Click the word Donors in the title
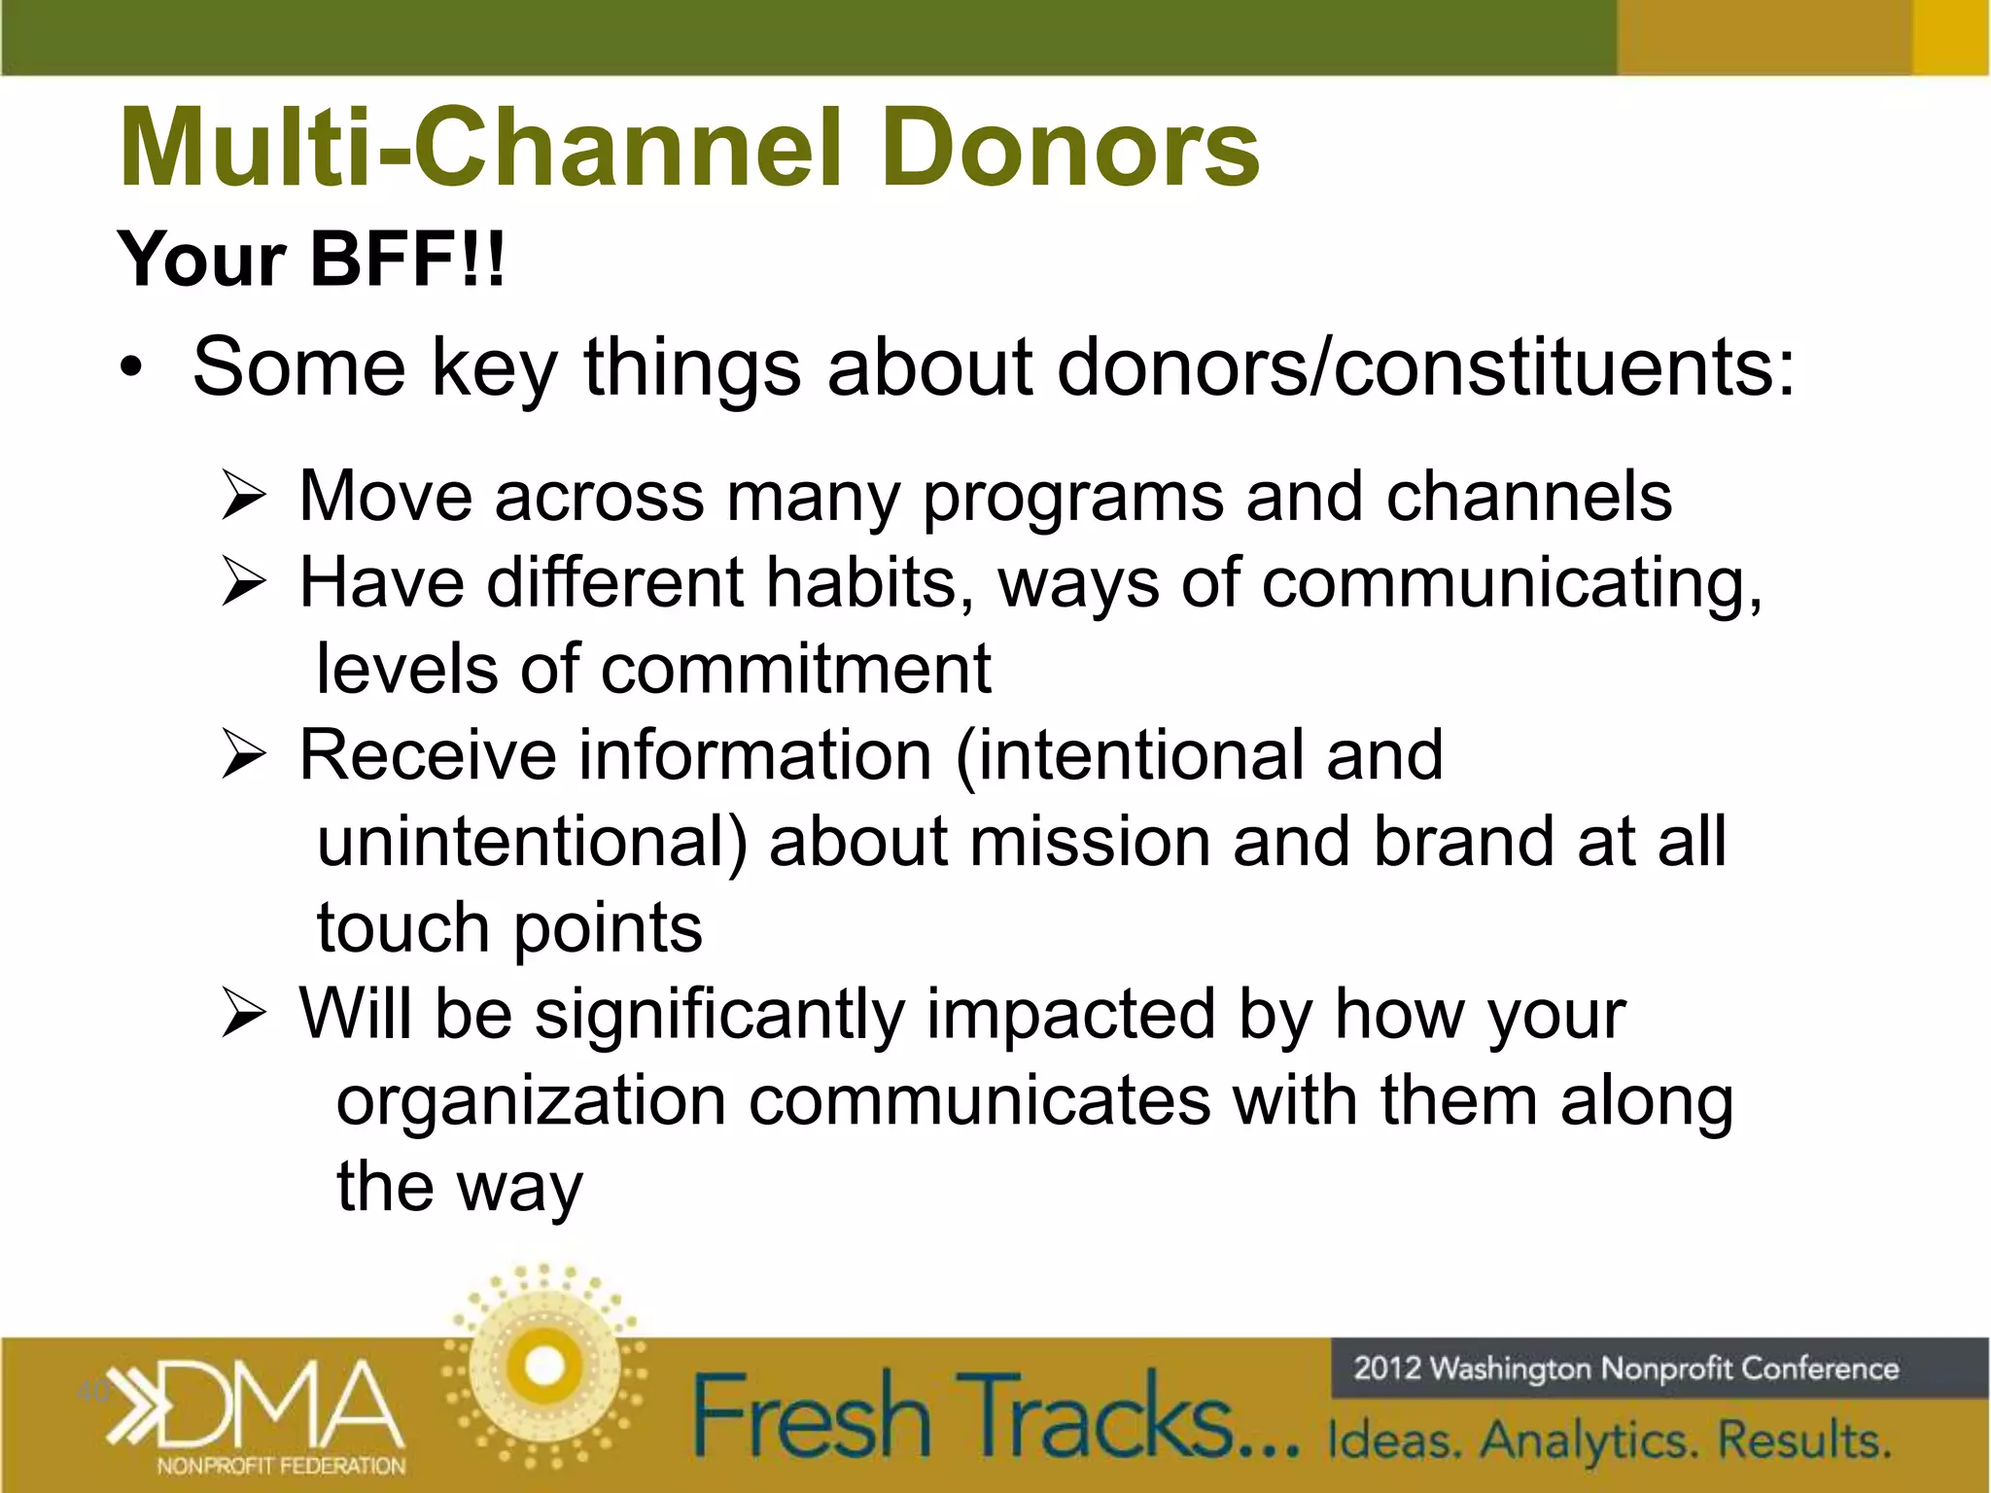tap(1069, 148)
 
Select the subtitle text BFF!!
tap(407, 260)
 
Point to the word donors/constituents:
tap(1425, 367)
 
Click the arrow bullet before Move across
tap(243, 496)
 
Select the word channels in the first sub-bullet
tap(1528, 496)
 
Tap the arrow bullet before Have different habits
tap(243, 582)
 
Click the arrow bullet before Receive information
tap(243, 755)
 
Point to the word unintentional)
tap(532, 841)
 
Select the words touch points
tap(509, 927)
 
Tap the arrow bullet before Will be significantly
tap(243, 1014)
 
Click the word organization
tap(531, 1102)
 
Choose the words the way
tap(459, 1188)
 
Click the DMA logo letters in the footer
tap(282, 1403)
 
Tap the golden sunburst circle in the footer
tap(544, 1366)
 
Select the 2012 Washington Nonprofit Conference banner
tap(1625, 1369)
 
